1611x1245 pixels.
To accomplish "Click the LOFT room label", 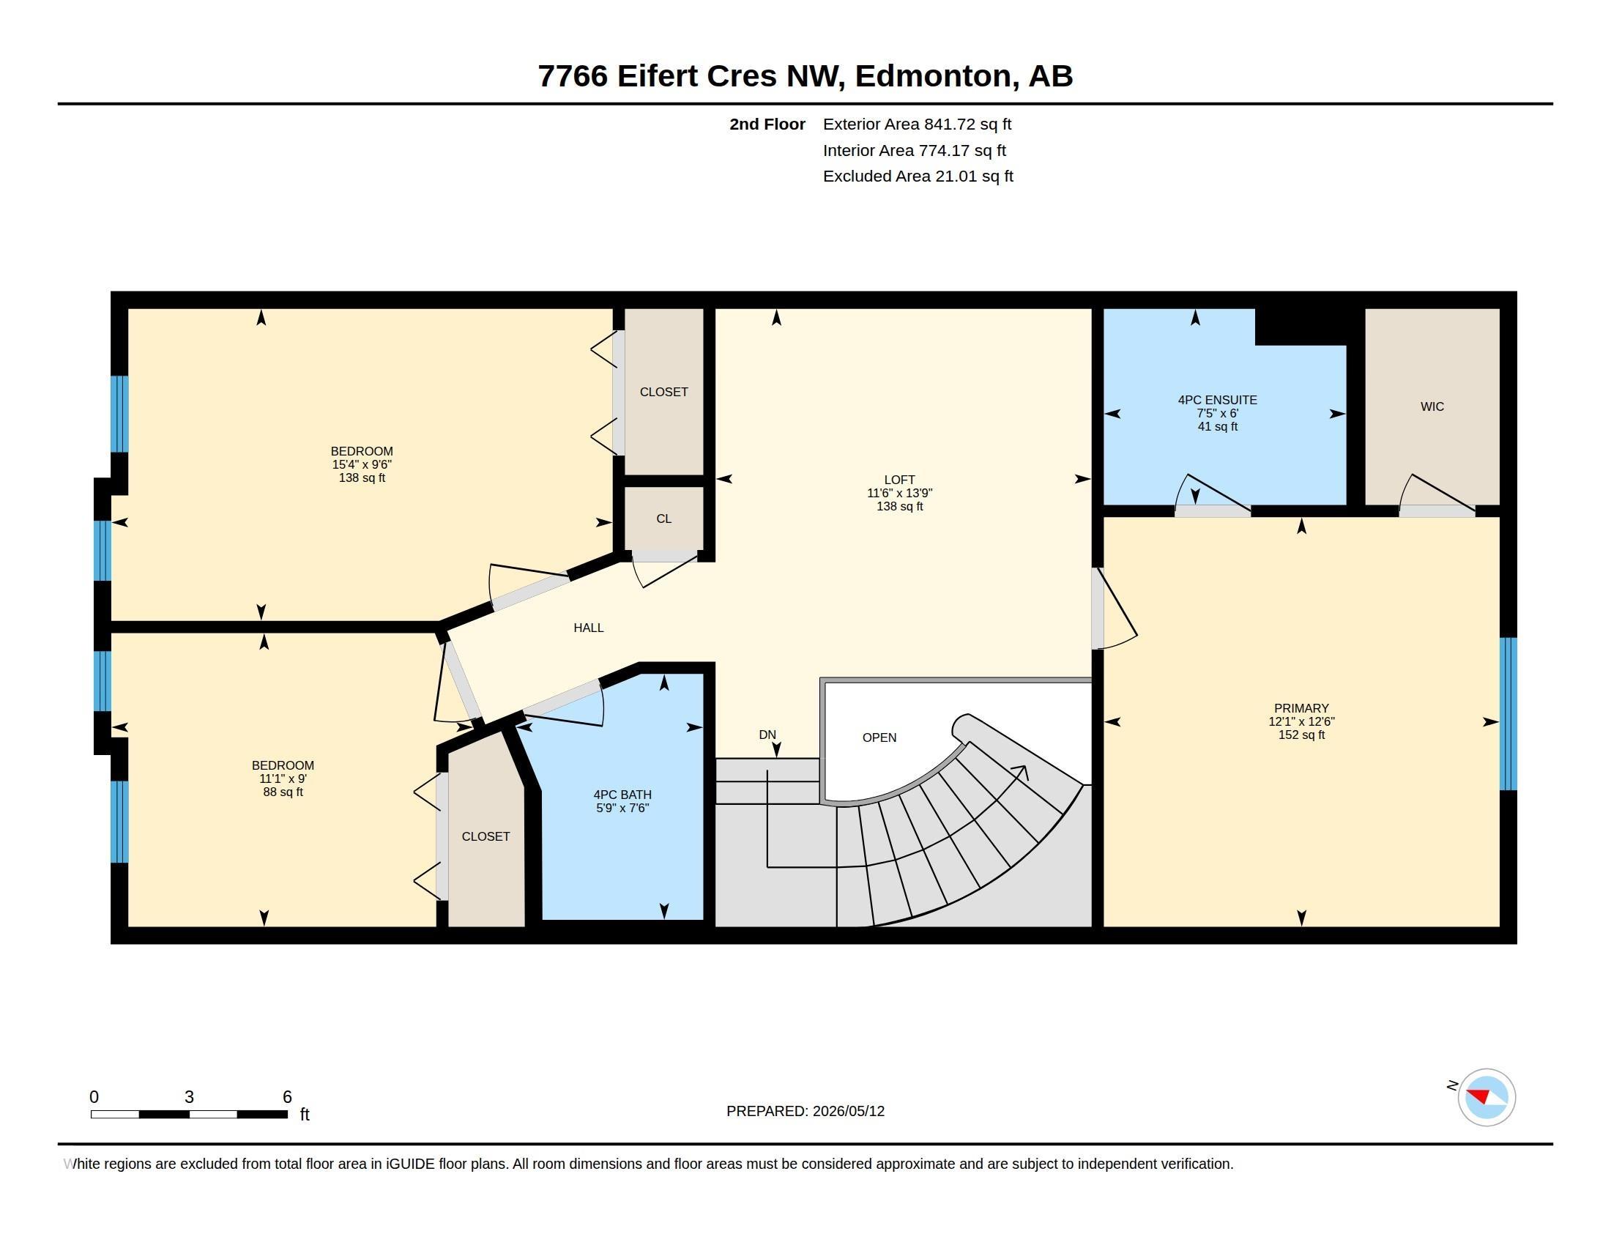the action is coord(899,480).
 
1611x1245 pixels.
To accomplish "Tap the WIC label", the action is coord(1432,406).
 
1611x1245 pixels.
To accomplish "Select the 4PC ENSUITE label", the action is coord(1217,400).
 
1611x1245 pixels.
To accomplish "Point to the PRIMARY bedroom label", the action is coord(1301,708).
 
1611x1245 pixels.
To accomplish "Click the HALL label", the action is coord(589,628).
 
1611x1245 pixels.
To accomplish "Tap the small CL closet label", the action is coord(664,519).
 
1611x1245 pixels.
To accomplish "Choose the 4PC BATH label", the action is coord(622,795).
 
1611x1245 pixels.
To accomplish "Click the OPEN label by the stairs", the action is coord(879,737).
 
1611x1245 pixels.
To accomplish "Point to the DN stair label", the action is coord(767,735).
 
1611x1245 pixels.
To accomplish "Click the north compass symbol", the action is coord(1487,1097).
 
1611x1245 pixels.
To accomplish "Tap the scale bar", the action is coord(189,1114).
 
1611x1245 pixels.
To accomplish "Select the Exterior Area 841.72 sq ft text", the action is coord(917,124).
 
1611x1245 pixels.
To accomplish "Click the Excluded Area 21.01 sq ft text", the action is coord(918,176).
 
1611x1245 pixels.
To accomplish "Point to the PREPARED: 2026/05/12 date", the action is coord(805,1111).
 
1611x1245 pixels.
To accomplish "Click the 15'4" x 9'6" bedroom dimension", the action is coord(362,464).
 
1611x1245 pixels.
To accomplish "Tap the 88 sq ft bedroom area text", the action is coord(283,792).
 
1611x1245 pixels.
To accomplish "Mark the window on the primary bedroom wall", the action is coord(1508,714).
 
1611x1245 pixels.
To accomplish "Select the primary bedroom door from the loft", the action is coord(1114,609).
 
